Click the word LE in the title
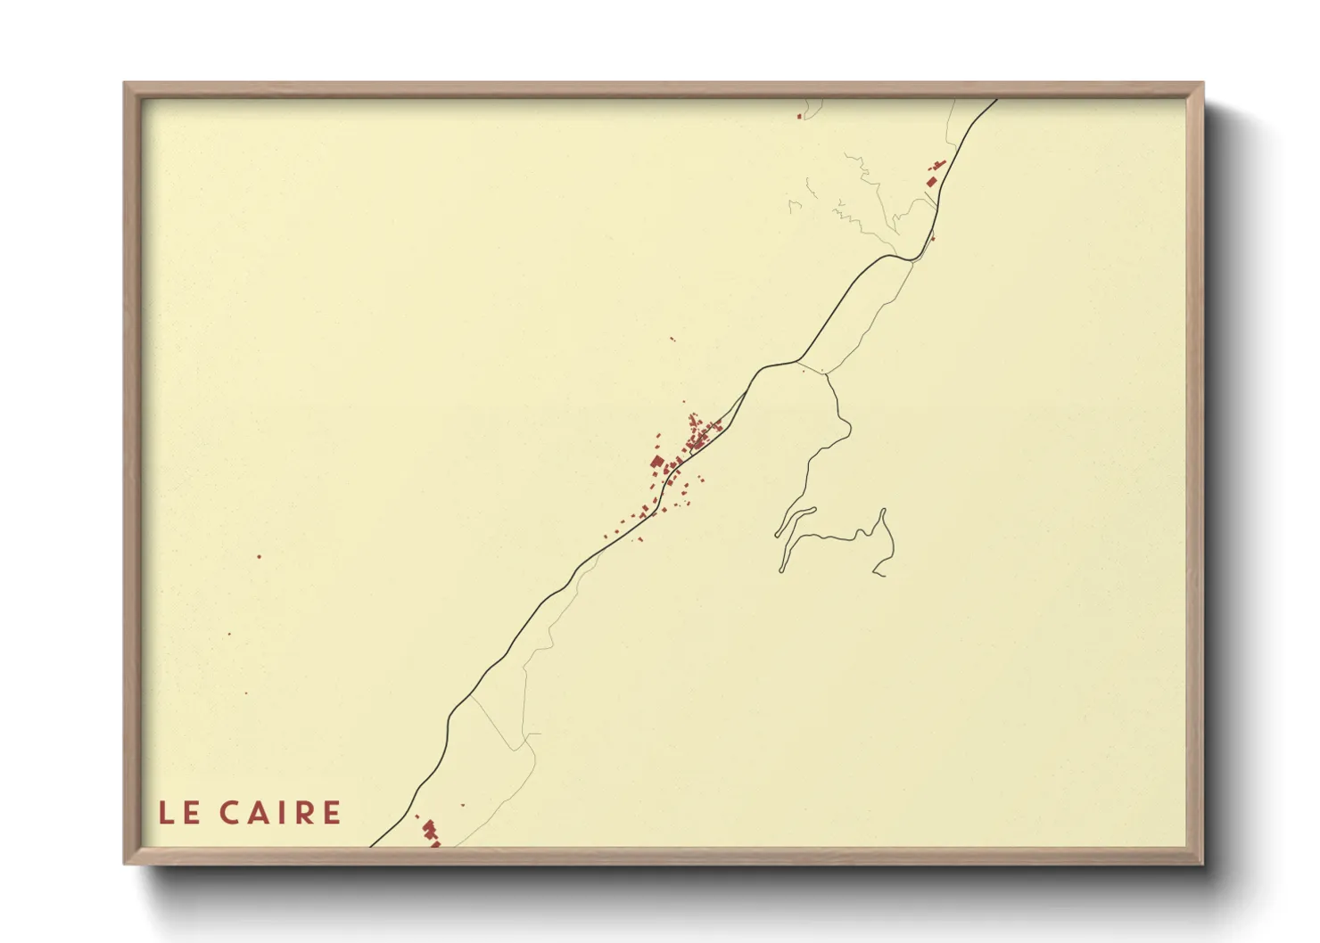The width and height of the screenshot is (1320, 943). (x=179, y=813)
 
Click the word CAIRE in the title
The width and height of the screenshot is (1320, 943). (x=280, y=813)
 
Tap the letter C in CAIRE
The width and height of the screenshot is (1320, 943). (x=229, y=813)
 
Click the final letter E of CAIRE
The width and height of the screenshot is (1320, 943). (x=332, y=813)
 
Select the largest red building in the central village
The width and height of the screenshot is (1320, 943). (x=658, y=462)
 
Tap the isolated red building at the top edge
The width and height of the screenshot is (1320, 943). (x=800, y=116)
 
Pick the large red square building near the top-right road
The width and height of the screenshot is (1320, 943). (x=932, y=181)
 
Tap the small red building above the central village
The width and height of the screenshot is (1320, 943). (x=672, y=339)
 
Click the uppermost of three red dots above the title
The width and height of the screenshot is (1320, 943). (x=260, y=557)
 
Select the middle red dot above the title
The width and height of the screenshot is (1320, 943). (x=229, y=634)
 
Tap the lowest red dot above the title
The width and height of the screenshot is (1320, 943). (x=246, y=693)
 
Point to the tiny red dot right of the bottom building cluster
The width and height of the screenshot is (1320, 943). (x=463, y=805)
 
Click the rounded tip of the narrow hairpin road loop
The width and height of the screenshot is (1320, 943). (x=813, y=510)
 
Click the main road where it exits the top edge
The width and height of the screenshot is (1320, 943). (x=994, y=101)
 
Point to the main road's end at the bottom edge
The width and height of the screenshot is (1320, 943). (x=372, y=845)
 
